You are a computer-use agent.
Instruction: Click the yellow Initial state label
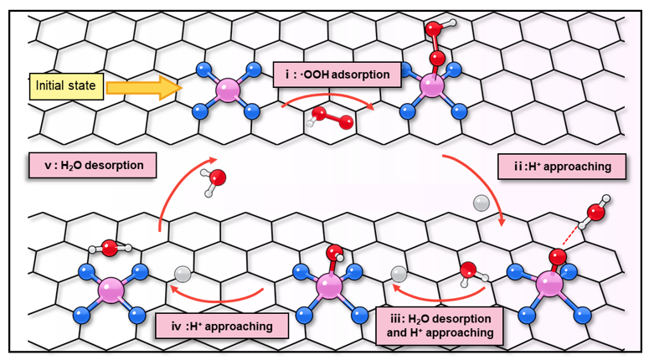coord(66,85)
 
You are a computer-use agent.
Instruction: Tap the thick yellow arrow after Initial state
coord(143,85)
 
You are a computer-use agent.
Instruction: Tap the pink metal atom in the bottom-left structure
coord(111,291)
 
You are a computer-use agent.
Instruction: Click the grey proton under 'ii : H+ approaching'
coord(480,202)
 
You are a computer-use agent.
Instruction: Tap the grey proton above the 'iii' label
coord(399,273)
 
